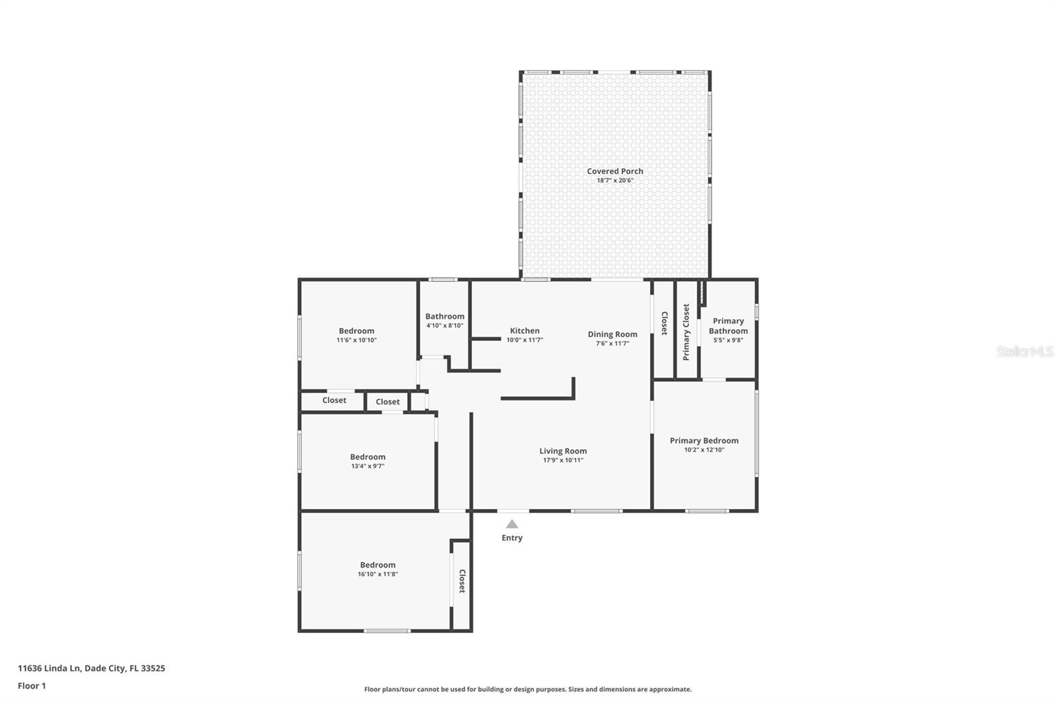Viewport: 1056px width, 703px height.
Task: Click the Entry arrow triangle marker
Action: point(511,524)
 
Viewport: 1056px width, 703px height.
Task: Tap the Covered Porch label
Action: point(615,171)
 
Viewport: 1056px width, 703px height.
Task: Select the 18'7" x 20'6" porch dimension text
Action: point(615,181)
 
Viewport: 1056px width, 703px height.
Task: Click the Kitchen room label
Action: point(525,331)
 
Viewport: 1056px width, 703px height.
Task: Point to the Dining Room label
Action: point(612,334)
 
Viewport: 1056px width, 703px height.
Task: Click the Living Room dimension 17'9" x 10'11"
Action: point(563,460)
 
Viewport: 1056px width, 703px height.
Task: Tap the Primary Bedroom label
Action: point(704,441)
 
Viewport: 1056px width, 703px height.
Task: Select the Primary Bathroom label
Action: point(729,326)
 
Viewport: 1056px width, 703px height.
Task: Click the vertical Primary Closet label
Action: point(686,332)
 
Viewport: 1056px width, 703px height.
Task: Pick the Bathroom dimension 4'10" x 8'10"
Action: point(445,325)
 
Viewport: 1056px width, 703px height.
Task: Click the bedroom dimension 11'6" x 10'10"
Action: point(356,340)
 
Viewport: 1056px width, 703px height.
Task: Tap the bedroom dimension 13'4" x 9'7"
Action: point(368,466)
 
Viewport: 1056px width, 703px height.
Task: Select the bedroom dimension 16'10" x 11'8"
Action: point(378,574)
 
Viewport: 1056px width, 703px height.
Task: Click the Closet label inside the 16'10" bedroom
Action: point(462,582)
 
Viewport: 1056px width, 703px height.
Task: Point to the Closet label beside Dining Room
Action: point(665,323)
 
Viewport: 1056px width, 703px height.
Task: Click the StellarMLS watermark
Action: point(1024,351)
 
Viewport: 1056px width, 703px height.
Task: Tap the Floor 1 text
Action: point(32,686)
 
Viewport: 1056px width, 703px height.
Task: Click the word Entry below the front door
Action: point(511,538)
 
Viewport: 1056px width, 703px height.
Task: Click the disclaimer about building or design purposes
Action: point(528,689)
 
